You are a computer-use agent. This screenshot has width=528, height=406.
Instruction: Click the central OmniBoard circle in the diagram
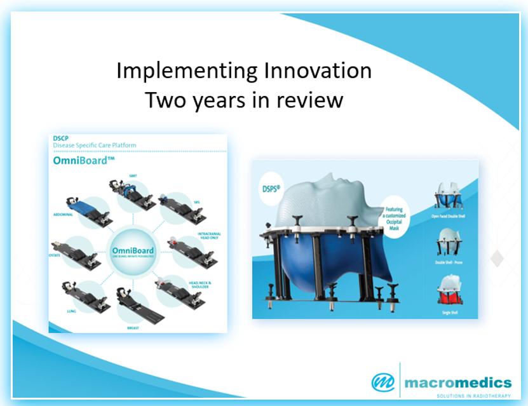pos(138,252)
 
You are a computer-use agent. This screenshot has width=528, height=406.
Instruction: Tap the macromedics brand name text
pos(457,382)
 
